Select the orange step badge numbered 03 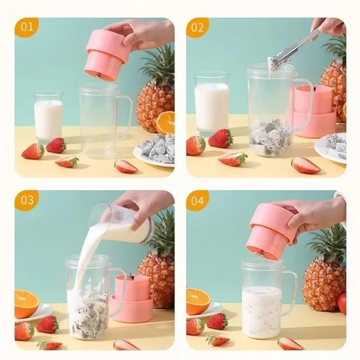tap(26, 199)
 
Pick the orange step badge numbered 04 tap(197, 199)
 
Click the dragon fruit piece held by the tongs tap(274, 65)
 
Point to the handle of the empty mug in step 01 tap(125, 117)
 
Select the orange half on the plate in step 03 tap(27, 304)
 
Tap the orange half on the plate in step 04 tap(197, 301)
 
